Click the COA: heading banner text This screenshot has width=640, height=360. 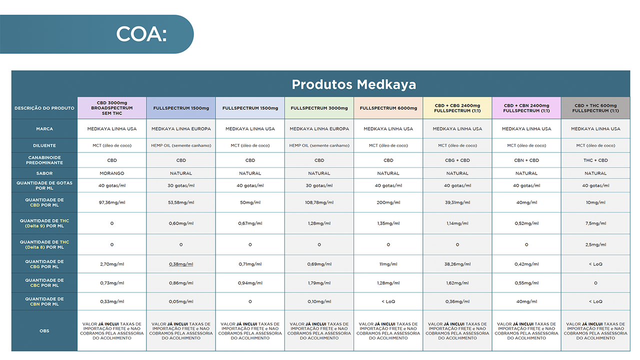point(141,34)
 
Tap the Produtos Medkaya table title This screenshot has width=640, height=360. point(353,84)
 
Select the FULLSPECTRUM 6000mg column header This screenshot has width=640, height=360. point(388,108)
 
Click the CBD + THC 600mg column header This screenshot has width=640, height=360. point(595,108)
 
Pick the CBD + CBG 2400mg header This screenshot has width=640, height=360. point(457,108)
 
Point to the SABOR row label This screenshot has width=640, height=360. point(44,173)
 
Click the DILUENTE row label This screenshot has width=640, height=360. point(44,145)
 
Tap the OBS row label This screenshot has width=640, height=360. point(44,331)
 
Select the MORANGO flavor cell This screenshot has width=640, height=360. point(111,173)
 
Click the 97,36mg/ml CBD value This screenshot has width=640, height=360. point(111,202)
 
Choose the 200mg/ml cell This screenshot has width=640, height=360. point(388,202)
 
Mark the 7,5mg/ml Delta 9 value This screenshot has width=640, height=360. point(595,223)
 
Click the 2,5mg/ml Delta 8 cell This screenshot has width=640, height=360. point(595,244)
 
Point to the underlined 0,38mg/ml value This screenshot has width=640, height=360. point(181,264)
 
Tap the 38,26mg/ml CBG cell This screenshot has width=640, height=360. point(457,264)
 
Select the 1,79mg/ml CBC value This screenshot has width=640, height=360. point(319,283)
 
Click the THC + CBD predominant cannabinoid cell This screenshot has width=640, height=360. point(595,160)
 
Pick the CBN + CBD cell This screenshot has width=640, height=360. point(526,160)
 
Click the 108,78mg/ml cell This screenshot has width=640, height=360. point(319,202)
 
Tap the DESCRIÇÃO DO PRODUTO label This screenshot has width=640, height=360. point(44,108)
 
